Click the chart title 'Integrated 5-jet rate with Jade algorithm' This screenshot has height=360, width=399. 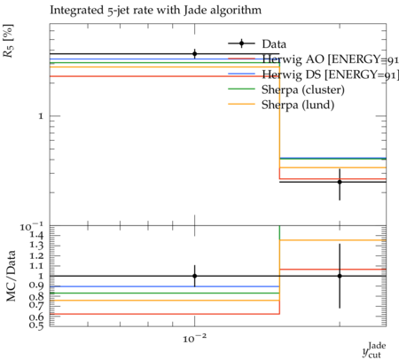coord(155,11)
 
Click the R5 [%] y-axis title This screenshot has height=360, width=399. coord(8,41)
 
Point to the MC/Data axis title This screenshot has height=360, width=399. coord(12,276)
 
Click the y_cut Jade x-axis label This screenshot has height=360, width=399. coord(374,350)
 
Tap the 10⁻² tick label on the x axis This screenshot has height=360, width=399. coord(194,338)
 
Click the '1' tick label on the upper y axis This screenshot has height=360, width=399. coord(41,116)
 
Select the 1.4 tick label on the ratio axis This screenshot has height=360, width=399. coord(36,235)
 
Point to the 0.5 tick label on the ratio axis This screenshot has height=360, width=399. coord(36,325)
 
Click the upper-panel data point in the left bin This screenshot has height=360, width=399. coord(194,54)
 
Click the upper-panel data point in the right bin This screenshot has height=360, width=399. coord(340,182)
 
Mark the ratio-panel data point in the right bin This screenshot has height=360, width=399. coord(340,276)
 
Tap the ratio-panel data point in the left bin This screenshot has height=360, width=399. coord(194,276)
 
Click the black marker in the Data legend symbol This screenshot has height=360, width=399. coord(241,43)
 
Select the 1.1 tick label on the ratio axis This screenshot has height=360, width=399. coord(36,266)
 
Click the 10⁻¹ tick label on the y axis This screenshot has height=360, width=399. coord(31,226)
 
